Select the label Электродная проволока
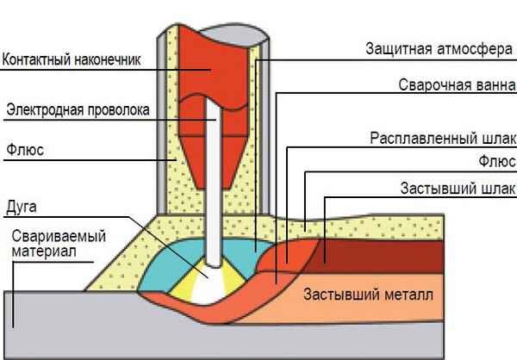tap(78, 109)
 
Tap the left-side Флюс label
tap(25, 149)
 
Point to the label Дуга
tap(22, 207)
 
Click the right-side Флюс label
tap(498, 161)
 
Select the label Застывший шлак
tap(458, 189)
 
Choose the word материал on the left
tap(44, 251)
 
